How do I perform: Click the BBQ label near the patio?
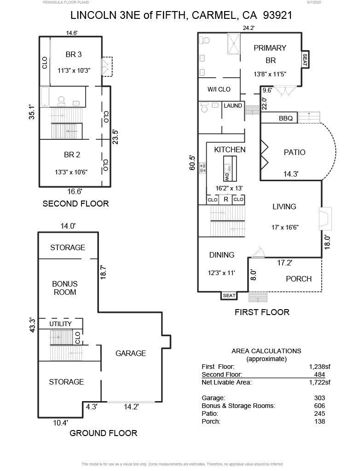pyautogui.click(x=285, y=118)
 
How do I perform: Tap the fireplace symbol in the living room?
pyautogui.click(x=325, y=218)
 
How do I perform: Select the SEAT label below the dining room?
pyautogui.click(x=229, y=296)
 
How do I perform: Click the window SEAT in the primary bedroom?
pyautogui.click(x=305, y=60)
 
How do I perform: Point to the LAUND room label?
pyautogui.click(x=233, y=106)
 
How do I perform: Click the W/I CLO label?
pyautogui.click(x=219, y=89)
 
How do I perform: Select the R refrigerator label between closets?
pyautogui.click(x=226, y=200)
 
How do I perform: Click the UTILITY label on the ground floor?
pyautogui.click(x=61, y=324)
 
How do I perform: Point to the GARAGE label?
pyautogui.click(x=131, y=353)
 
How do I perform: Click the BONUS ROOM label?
pyautogui.click(x=65, y=288)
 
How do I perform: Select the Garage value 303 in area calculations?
pyautogui.click(x=319, y=398)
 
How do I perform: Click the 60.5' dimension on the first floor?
pyautogui.click(x=192, y=163)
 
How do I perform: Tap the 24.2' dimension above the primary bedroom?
pyautogui.click(x=248, y=28)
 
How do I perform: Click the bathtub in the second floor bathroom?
pyautogui.click(x=45, y=97)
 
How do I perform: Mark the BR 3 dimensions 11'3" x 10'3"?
pyautogui.click(x=74, y=70)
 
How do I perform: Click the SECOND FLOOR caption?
pyautogui.click(x=75, y=204)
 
